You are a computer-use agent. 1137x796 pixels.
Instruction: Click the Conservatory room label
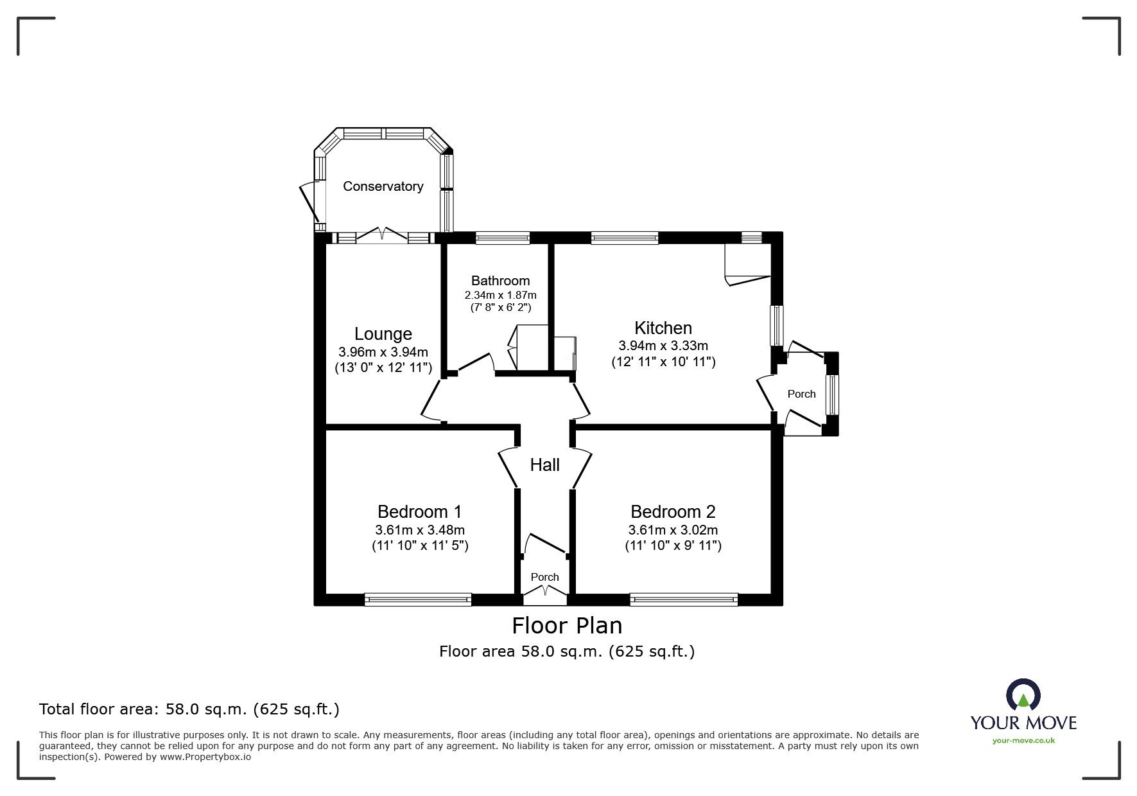(x=383, y=186)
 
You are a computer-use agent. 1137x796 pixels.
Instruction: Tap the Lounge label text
(x=383, y=334)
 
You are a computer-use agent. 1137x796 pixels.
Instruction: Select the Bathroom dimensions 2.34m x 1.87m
(x=500, y=295)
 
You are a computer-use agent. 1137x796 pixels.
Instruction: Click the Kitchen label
(x=663, y=328)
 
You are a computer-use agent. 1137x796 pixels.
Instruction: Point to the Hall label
(x=544, y=464)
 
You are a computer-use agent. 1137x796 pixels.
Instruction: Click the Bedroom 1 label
(x=419, y=511)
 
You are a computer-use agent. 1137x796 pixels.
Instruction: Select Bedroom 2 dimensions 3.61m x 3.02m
(x=673, y=530)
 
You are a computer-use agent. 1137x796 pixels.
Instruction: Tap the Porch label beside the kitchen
(x=801, y=394)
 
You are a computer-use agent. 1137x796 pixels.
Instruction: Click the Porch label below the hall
(x=544, y=577)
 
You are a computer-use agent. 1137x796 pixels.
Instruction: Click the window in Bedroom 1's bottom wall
(x=418, y=599)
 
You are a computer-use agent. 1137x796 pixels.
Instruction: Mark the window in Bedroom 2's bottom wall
(x=684, y=599)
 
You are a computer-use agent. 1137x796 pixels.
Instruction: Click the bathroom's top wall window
(x=503, y=238)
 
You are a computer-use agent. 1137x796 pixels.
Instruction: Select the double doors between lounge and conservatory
(x=382, y=236)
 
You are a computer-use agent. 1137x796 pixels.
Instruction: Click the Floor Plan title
(x=567, y=625)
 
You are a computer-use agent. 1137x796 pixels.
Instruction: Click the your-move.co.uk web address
(x=1023, y=741)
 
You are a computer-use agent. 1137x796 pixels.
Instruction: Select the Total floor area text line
(x=189, y=709)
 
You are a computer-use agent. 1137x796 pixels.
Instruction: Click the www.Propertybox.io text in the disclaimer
(x=205, y=757)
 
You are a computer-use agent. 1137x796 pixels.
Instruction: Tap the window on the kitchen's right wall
(x=777, y=326)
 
